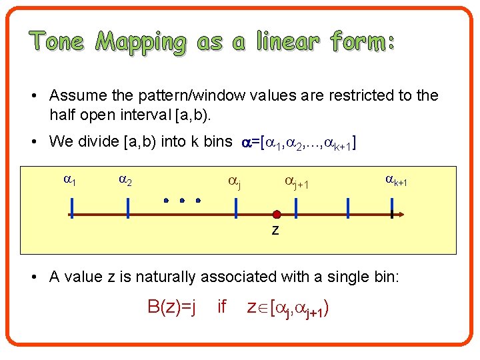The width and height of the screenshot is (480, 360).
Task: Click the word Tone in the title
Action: point(57,42)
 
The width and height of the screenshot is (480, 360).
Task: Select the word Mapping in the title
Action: point(141,43)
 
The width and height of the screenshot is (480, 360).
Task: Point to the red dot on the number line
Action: point(277,215)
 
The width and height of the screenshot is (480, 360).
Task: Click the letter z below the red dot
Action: point(275,231)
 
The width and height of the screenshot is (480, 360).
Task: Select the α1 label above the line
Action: point(69,179)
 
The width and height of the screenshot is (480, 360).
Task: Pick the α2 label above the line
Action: point(126,179)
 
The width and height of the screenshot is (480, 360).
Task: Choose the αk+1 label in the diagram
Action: point(396,179)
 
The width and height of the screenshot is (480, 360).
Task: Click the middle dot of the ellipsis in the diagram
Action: point(182,199)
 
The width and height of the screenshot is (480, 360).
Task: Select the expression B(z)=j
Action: point(171,307)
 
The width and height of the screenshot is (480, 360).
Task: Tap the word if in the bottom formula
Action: point(223,307)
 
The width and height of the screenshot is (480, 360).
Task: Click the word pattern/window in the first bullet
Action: point(168,95)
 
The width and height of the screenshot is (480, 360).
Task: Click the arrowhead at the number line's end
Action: point(400,215)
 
